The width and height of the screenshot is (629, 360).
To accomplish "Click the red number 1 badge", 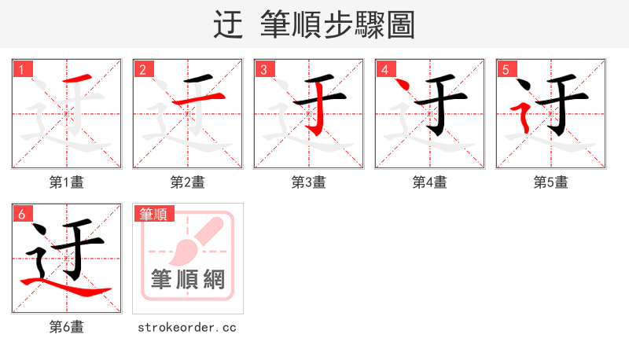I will tap(21, 69).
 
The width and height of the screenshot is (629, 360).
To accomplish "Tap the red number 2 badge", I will tap(142, 69).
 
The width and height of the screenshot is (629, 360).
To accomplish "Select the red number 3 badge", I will tap(263, 69).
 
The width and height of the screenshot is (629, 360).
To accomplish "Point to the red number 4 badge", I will tap(384, 69).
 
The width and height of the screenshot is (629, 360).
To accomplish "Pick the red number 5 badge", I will tap(506, 69).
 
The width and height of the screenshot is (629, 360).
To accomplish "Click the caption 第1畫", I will tap(67, 182).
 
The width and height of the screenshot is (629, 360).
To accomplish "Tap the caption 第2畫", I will tap(188, 182).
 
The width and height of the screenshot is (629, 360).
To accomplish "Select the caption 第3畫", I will tap(309, 182).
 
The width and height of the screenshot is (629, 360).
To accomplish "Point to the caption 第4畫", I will tap(430, 182).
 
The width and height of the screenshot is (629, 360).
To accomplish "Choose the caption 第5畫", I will tap(551, 182).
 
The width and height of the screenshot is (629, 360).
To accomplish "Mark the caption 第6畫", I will tap(67, 327).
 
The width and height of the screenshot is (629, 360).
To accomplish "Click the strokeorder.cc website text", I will tap(187, 327).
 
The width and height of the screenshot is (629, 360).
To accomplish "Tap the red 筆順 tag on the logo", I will tap(153, 214).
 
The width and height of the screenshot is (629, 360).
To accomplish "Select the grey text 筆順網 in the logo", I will tap(188, 279).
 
